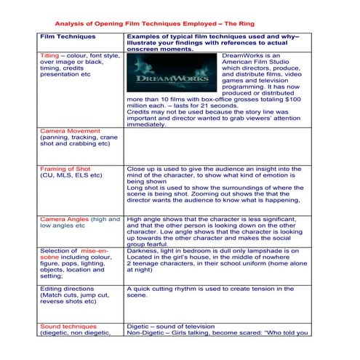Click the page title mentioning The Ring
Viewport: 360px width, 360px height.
click(x=155, y=23)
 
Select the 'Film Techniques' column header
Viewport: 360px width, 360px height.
click(x=60, y=35)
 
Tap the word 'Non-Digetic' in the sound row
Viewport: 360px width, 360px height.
click(x=145, y=334)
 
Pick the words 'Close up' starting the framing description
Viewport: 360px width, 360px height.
click(x=140, y=169)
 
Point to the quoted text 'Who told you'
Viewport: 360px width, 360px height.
click(x=287, y=334)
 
